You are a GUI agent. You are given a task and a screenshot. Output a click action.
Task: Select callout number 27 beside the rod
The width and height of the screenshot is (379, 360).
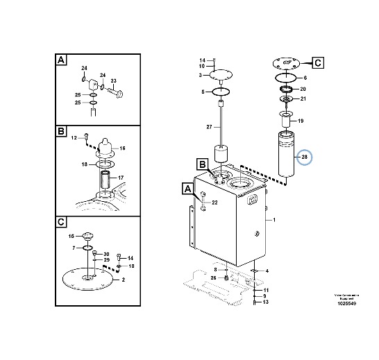209,127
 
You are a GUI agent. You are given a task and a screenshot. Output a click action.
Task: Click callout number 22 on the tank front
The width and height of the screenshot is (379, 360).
214,202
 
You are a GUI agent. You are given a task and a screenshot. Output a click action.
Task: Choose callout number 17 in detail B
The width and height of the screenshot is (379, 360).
120,178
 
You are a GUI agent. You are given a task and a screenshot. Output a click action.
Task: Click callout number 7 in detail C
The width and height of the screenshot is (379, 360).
74,248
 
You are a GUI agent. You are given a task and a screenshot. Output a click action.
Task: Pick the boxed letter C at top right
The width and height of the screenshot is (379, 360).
317,63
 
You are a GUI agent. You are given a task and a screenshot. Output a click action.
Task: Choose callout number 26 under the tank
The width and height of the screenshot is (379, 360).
214,277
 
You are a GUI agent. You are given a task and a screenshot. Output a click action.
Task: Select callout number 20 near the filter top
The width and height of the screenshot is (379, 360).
303,89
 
